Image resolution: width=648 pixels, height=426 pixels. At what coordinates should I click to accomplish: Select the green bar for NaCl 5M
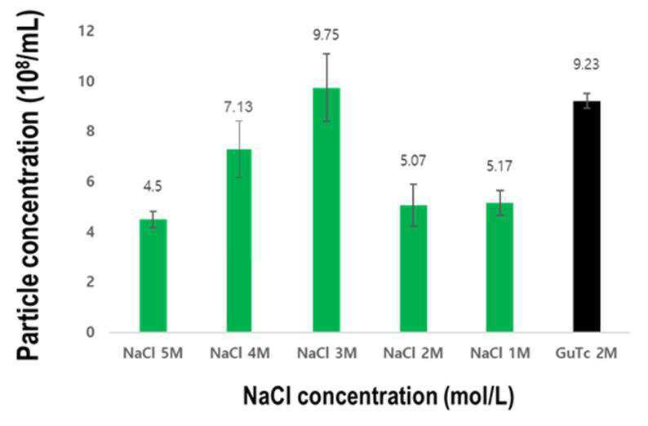[153, 276]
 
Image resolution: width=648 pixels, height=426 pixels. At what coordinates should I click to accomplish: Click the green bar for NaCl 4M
[239, 241]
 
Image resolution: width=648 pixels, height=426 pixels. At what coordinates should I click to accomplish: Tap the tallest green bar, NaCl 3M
[326, 210]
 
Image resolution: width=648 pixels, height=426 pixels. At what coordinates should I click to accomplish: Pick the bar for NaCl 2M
[413, 268]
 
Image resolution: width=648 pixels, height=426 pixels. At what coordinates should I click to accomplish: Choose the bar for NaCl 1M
[499, 268]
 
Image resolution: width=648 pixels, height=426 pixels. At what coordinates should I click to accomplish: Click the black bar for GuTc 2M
[587, 216]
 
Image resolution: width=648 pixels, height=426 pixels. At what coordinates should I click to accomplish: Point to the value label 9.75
[326, 35]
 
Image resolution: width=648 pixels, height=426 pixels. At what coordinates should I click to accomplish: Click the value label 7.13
[239, 107]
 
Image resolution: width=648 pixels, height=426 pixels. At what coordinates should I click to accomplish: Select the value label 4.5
[153, 187]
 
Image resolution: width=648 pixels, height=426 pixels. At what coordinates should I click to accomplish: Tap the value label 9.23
[587, 64]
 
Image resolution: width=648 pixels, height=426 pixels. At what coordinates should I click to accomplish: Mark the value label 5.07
[413, 160]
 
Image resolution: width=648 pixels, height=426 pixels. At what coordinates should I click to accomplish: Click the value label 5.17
[499, 166]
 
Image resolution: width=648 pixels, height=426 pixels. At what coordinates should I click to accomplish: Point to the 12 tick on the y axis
[87, 30]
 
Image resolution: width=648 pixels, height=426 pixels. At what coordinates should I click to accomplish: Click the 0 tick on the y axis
[90, 332]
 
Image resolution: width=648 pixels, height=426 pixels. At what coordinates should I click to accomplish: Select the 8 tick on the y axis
[90, 131]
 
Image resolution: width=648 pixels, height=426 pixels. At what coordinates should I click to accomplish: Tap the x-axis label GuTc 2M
[587, 353]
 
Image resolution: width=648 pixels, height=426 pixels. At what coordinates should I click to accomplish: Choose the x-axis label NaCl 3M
[326, 353]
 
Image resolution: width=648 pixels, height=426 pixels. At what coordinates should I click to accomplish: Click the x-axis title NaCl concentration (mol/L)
[379, 396]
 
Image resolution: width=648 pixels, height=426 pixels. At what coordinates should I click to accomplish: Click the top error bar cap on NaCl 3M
[326, 54]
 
